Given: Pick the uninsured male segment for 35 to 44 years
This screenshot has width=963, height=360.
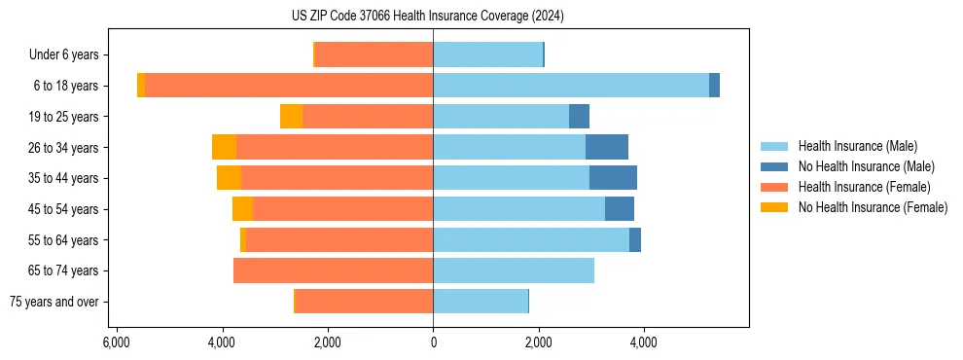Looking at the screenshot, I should [x=613, y=178].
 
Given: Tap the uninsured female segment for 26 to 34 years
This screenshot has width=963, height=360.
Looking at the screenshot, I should [x=224, y=147].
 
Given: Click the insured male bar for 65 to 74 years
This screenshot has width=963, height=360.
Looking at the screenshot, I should [x=514, y=270].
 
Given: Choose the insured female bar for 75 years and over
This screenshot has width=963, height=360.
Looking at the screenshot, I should [x=364, y=302].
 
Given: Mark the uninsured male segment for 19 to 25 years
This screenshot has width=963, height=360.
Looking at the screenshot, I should [x=579, y=117].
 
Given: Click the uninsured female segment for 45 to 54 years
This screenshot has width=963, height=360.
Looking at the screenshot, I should [x=242, y=209].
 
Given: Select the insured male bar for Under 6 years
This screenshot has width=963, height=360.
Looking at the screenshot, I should [x=487, y=54].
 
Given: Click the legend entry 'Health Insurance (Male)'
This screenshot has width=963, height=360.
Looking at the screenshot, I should [x=856, y=146].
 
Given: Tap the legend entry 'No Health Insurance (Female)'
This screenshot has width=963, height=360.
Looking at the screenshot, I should [x=873, y=207].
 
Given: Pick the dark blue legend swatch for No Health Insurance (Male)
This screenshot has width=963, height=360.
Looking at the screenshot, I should [x=775, y=166].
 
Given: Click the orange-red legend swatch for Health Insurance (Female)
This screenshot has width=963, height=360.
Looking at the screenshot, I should [x=775, y=187].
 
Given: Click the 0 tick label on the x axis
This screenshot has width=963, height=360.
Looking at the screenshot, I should [x=433, y=342].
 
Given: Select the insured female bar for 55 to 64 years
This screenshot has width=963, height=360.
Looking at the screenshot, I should [x=339, y=239].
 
